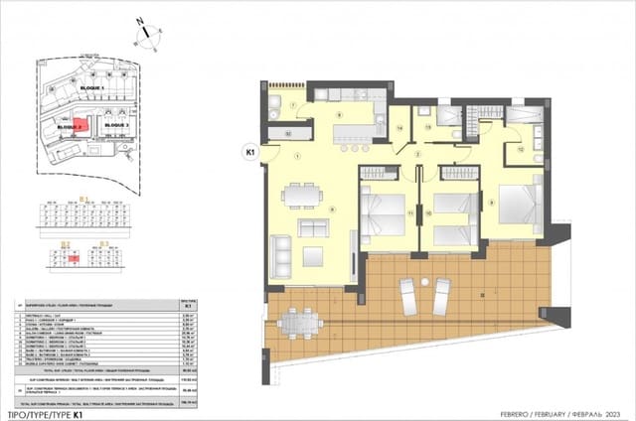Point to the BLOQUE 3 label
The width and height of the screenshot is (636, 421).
point(118,126)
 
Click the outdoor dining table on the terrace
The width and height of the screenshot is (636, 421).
point(295,322)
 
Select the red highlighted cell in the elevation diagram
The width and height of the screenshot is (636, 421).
point(75,256)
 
